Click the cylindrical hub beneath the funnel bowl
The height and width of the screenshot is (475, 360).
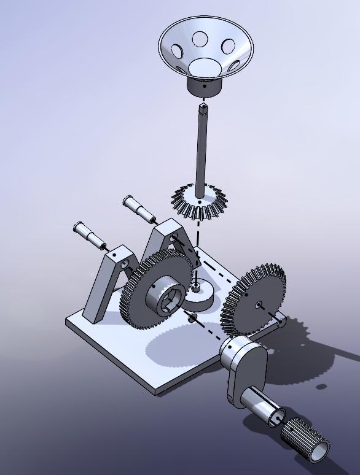tap(205, 87)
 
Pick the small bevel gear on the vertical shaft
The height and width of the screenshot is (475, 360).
tap(198, 203)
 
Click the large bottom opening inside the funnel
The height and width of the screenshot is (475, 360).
tap(204, 66)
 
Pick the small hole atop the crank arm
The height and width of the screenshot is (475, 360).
tap(229, 345)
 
